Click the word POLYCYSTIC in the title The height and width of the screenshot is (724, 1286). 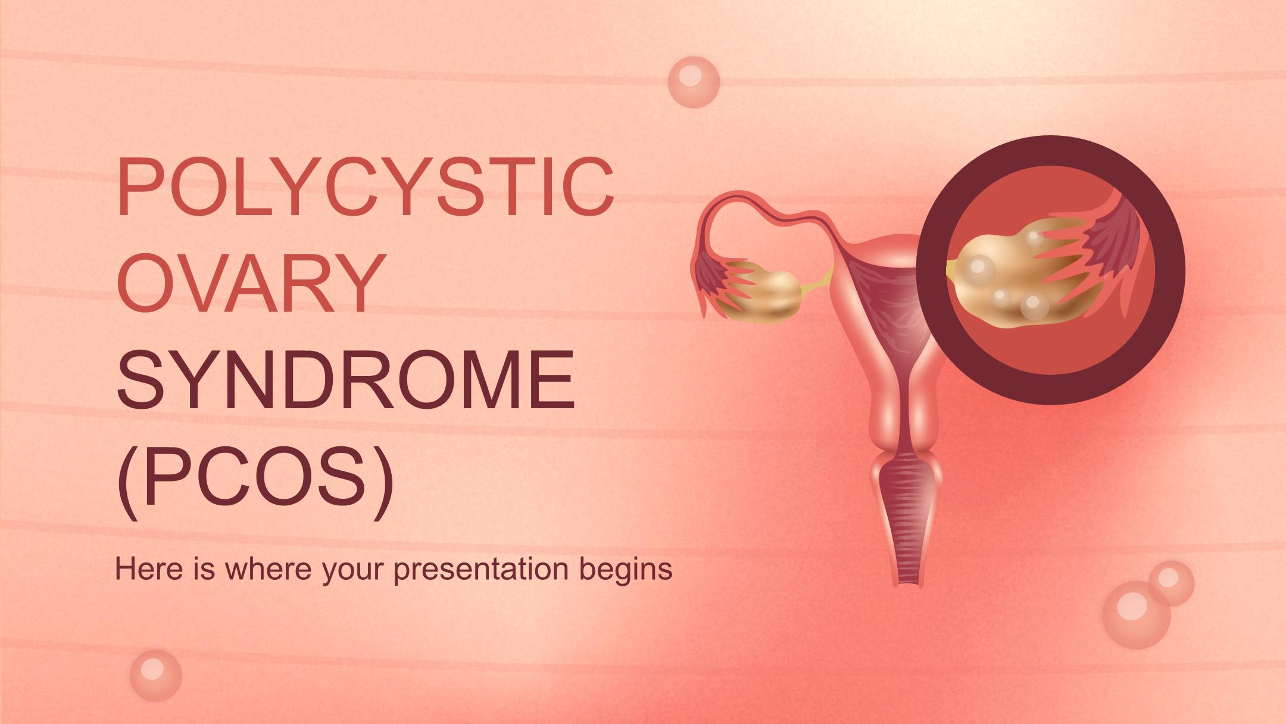366,186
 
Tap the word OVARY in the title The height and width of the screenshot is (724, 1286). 249,282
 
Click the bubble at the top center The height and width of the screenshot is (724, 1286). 694,82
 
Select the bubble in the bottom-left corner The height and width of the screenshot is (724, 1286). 155,675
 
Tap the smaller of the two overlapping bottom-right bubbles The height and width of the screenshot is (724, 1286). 1171,583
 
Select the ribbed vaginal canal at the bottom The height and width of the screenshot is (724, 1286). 907,524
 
